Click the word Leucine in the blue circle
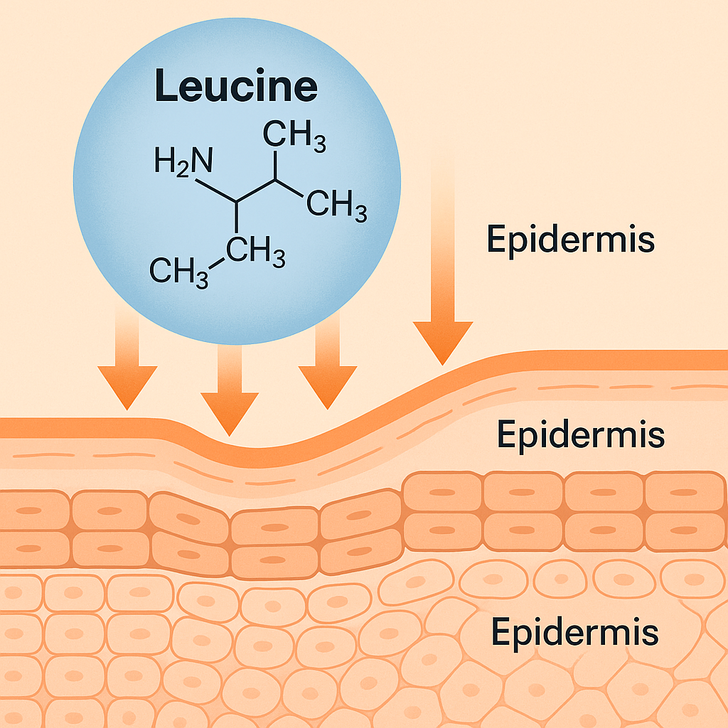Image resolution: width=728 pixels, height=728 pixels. [236, 87]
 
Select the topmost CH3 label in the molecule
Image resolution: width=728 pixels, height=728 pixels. [294, 136]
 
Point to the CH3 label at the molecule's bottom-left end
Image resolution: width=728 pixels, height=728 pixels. [180, 272]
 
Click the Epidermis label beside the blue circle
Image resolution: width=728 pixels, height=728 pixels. [570, 240]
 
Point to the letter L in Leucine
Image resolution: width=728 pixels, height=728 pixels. [164, 87]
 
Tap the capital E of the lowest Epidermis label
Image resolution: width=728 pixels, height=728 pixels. [500, 630]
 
